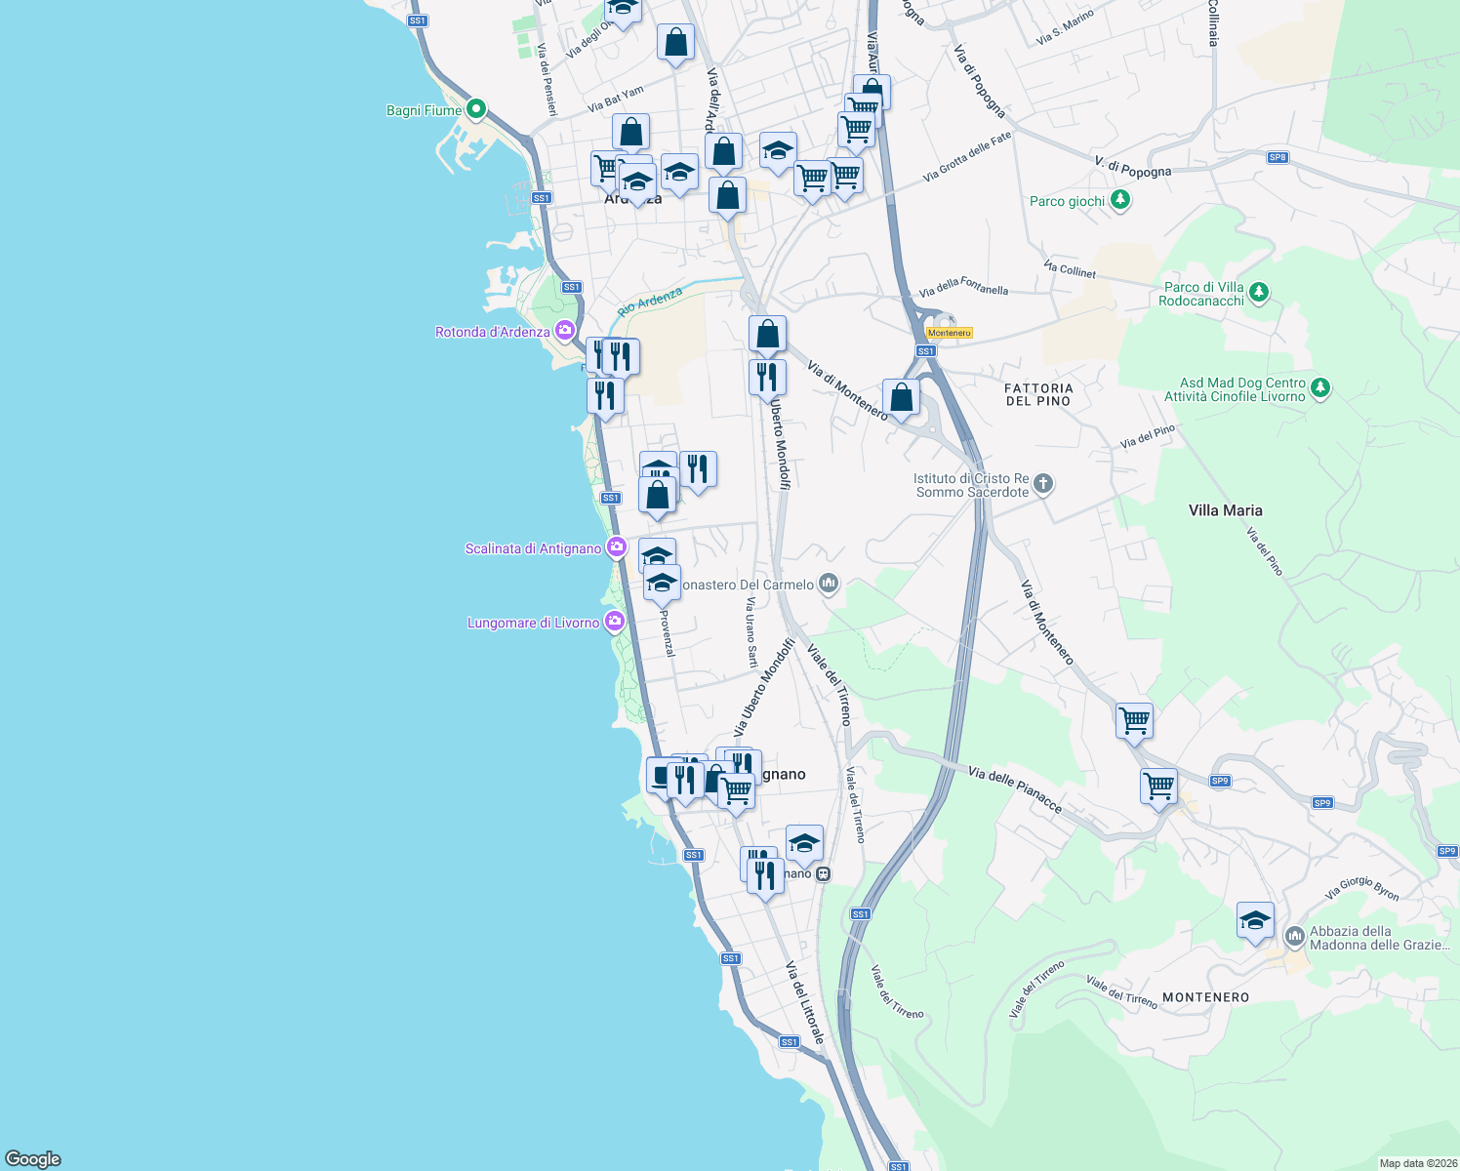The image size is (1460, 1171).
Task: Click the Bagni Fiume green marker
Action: point(475,108)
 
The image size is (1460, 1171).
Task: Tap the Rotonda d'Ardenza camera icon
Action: point(564,331)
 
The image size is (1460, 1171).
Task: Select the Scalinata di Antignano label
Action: point(533,548)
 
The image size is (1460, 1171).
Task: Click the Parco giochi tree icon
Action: point(1120,200)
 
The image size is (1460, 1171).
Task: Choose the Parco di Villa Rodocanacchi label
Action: point(1202,294)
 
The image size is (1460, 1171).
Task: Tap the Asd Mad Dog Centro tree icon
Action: point(1319,387)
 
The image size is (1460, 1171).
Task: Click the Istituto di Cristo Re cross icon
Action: point(1043,483)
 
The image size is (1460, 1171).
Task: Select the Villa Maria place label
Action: point(1225,510)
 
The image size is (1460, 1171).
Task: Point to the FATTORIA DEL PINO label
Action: point(1038,394)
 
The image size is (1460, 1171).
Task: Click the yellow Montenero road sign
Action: point(949,333)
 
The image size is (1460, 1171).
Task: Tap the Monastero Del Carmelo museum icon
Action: point(829,584)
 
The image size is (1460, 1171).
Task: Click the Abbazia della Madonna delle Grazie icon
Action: point(1294,936)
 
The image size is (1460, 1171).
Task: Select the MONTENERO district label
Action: point(1205,997)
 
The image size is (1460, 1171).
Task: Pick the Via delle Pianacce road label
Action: point(1015,789)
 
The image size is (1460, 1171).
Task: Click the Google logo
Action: point(33,1158)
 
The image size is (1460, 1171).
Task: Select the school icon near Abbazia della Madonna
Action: point(1255,920)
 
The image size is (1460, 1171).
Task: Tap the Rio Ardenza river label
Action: point(650,301)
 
